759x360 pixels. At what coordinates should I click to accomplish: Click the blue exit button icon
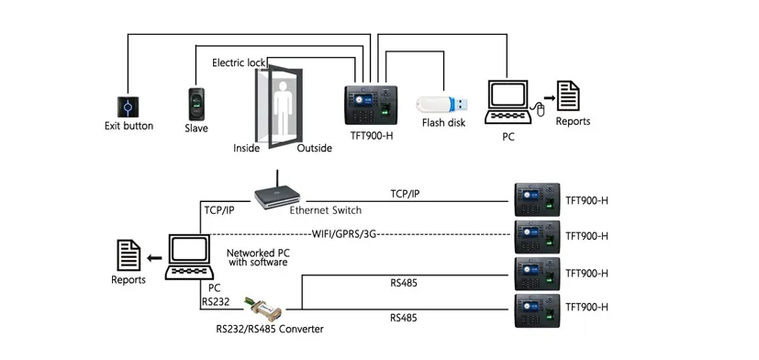pyautogui.click(x=128, y=104)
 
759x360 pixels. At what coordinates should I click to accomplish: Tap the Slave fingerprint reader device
pyautogui.click(x=196, y=104)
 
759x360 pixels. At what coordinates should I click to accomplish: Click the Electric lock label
pyautogui.click(x=238, y=62)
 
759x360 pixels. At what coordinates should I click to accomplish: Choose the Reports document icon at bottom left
pyautogui.click(x=127, y=253)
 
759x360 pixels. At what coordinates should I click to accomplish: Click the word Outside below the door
pyautogui.click(x=315, y=148)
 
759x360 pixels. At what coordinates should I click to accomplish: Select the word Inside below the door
pyautogui.click(x=247, y=148)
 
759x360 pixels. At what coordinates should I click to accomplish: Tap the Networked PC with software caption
pyautogui.click(x=258, y=255)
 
